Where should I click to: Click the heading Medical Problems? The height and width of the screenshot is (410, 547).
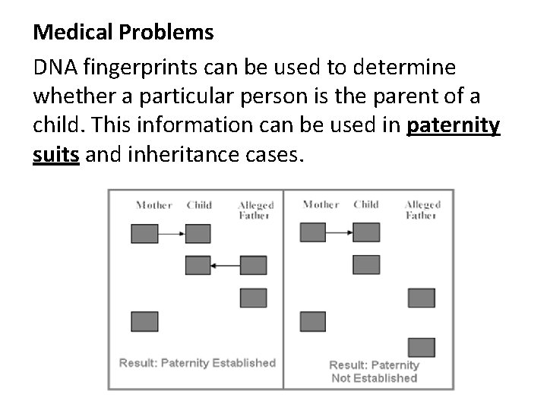124,33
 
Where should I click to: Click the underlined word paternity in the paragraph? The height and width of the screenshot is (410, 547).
454,126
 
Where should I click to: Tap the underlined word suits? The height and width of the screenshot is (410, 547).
56,156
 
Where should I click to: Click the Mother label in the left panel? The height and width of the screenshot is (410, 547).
153,205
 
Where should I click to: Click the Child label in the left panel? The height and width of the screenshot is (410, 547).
199,205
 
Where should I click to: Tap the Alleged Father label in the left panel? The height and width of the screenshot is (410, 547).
255,210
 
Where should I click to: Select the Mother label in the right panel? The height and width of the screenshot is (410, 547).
320,204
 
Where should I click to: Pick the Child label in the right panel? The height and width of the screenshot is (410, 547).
366,204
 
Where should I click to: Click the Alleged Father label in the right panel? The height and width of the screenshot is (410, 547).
422,210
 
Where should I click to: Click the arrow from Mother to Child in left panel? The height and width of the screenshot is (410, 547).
172,234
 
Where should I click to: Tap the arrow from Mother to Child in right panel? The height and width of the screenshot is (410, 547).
339,233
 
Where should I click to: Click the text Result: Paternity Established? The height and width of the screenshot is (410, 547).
197,363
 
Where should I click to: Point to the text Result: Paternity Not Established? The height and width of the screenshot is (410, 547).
374,371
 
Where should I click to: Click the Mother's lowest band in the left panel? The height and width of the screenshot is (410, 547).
144,322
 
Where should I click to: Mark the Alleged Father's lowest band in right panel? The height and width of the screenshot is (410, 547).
421,348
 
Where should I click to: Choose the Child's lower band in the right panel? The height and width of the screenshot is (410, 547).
366,265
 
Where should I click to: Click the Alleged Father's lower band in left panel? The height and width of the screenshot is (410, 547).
253,298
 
